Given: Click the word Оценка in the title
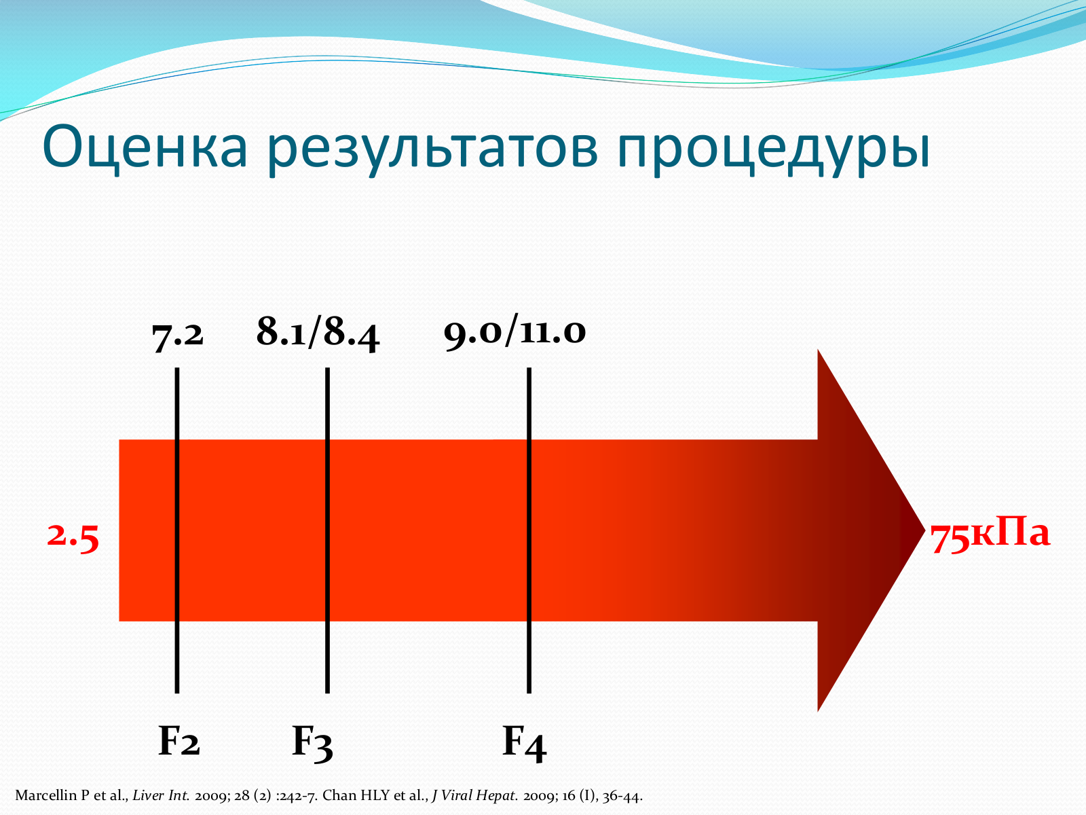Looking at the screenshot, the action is point(145,147).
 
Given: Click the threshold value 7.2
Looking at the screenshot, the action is point(178,336).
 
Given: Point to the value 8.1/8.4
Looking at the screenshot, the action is point(318,332).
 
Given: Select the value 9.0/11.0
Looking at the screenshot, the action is point(514,331).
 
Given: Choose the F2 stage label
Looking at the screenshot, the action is point(179,740).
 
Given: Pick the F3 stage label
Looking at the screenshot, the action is point(312,742).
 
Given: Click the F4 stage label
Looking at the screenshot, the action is point(525,743).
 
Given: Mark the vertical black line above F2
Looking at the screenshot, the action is point(177,530).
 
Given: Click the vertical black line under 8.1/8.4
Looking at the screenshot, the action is point(328,530).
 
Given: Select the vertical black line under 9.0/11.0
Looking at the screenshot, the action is point(529,530).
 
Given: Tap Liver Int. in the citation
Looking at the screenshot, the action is point(162,796).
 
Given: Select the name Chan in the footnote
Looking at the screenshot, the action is point(339,796).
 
